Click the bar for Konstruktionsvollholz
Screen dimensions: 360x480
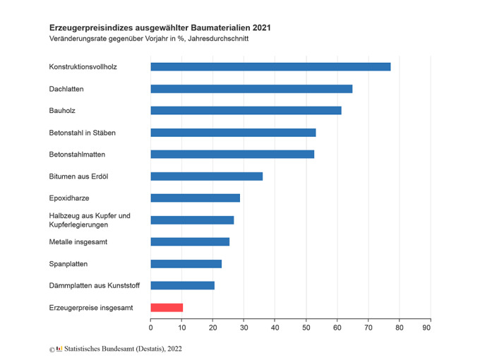(x=270, y=67)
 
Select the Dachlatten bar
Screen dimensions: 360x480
(x=251, y=89)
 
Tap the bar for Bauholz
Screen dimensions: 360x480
(x=246, y=111)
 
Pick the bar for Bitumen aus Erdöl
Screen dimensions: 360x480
(x=206, y=176)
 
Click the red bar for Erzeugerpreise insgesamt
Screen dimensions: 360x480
(x=167, y=308)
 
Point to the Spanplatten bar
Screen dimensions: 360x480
(x=186, y=264)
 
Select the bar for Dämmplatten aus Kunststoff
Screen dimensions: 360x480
(x=182, y=286)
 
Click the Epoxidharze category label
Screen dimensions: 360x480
(x=69, y=198)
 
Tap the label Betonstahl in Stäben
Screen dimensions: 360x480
(x=82, y=133)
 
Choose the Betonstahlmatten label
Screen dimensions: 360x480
(x=77, y=155)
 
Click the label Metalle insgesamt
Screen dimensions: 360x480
(x=78, y=242)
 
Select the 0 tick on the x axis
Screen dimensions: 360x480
(x=150, y=328)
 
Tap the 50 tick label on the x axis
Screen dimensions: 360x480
(x=306, y=328)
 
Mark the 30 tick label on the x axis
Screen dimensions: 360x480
(x=244, y=328)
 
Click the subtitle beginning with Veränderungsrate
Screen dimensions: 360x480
(x=148, y=39)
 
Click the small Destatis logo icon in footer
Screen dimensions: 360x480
(x=59, y=349)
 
